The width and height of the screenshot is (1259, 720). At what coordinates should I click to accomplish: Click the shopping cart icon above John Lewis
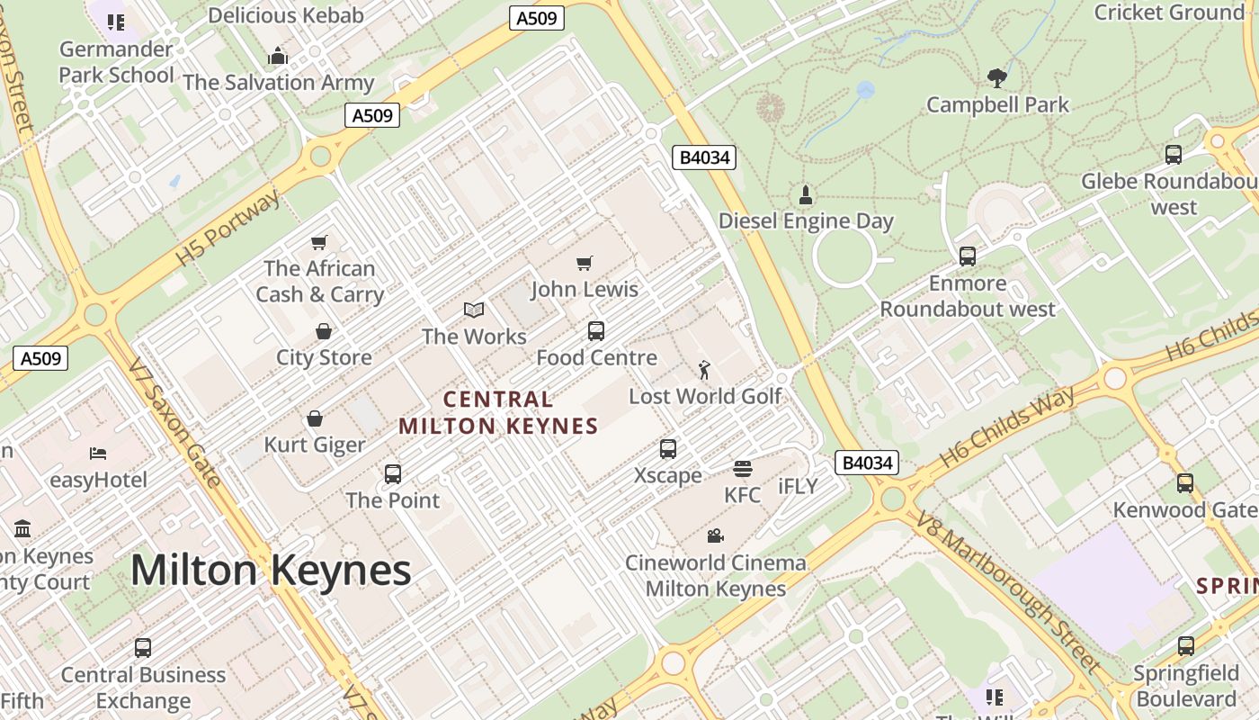[x=585, y=263]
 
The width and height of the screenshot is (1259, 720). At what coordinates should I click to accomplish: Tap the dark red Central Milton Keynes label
[x=498, y=412]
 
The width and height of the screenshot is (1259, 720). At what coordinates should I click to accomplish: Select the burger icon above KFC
[x=742, y=468]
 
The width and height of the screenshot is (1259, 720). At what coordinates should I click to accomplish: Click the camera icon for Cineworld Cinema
[x=715, y=536]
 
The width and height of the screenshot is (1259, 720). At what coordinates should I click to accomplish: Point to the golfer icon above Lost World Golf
[x=704, y=369]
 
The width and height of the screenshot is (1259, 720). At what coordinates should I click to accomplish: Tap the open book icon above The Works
[x=474, y=310]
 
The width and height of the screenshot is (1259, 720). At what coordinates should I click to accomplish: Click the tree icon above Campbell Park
[x=996, y=78]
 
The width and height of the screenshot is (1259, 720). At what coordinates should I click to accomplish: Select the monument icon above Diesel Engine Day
[x=805, y=194]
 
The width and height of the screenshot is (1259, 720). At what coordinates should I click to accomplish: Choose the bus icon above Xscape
[x=667, y=449]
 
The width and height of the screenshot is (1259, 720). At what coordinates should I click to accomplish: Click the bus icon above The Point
[x=392, y=474]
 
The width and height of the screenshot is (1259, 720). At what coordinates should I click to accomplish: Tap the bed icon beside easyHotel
[x=98, y=453]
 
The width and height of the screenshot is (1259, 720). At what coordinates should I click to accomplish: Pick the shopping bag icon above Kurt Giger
[x=315, y=418]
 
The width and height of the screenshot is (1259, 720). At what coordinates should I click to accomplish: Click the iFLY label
[x=798, y=487]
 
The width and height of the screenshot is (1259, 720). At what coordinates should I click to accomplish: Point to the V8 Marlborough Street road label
[x=1009, y=591]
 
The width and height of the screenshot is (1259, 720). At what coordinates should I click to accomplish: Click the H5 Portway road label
[x=228, y=229]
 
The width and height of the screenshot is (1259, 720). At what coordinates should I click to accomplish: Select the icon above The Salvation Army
[x=278, y=56]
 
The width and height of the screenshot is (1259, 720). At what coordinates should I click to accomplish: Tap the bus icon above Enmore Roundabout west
[x=968, y=256]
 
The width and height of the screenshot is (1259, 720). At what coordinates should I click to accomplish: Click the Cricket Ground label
[x=1168, y=13]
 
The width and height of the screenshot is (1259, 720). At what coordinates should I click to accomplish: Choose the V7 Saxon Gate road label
[x=174, y=423]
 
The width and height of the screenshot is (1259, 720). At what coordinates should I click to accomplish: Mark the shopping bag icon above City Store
[x=323, y=331]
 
